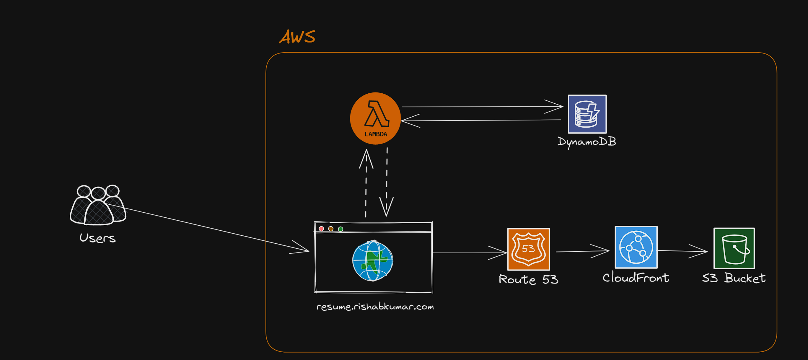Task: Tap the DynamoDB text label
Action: (x=587, y=142)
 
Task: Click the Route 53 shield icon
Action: (x=528, y=249)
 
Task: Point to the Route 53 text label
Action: (x=528, y=279)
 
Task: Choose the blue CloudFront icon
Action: (x=636, y=247)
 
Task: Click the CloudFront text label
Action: (x=636, y=278)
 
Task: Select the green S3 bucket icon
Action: (x=734, y=248)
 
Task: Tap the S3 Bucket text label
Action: (x=733, y=278)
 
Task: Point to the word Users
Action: (x=97, y=238)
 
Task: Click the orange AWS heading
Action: (x=297, y=37)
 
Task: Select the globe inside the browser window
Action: (x=373, y=260)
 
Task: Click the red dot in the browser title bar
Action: (x=321, y=229)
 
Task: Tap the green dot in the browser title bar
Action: (x=340, y=229)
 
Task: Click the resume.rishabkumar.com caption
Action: (x=375, y=306)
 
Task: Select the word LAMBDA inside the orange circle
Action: (x=376, y=134)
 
